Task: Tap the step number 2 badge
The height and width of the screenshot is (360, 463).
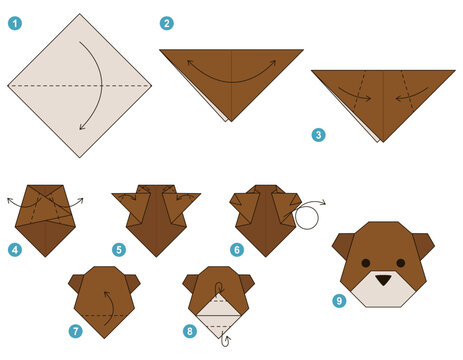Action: pos(167,23)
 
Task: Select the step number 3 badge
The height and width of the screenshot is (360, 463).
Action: pos(318,133)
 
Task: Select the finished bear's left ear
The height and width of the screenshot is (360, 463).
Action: pos(344,243)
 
